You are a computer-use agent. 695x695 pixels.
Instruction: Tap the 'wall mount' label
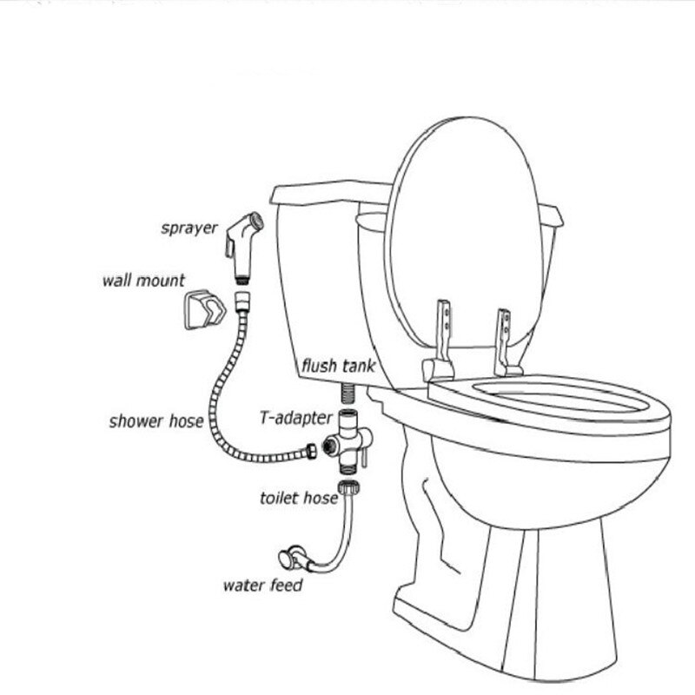pyautogui.click(x=143, y=281)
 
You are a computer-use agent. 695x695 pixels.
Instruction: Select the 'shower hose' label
pyautogui.click(x=156, y=422)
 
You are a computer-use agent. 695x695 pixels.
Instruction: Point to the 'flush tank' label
pyautogui.click(x=338, y=366)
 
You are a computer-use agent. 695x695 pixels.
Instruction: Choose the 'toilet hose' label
pyautogui.click(x=297, y=498)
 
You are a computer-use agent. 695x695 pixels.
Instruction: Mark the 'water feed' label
pyautogui.click(x=262, y=585)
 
